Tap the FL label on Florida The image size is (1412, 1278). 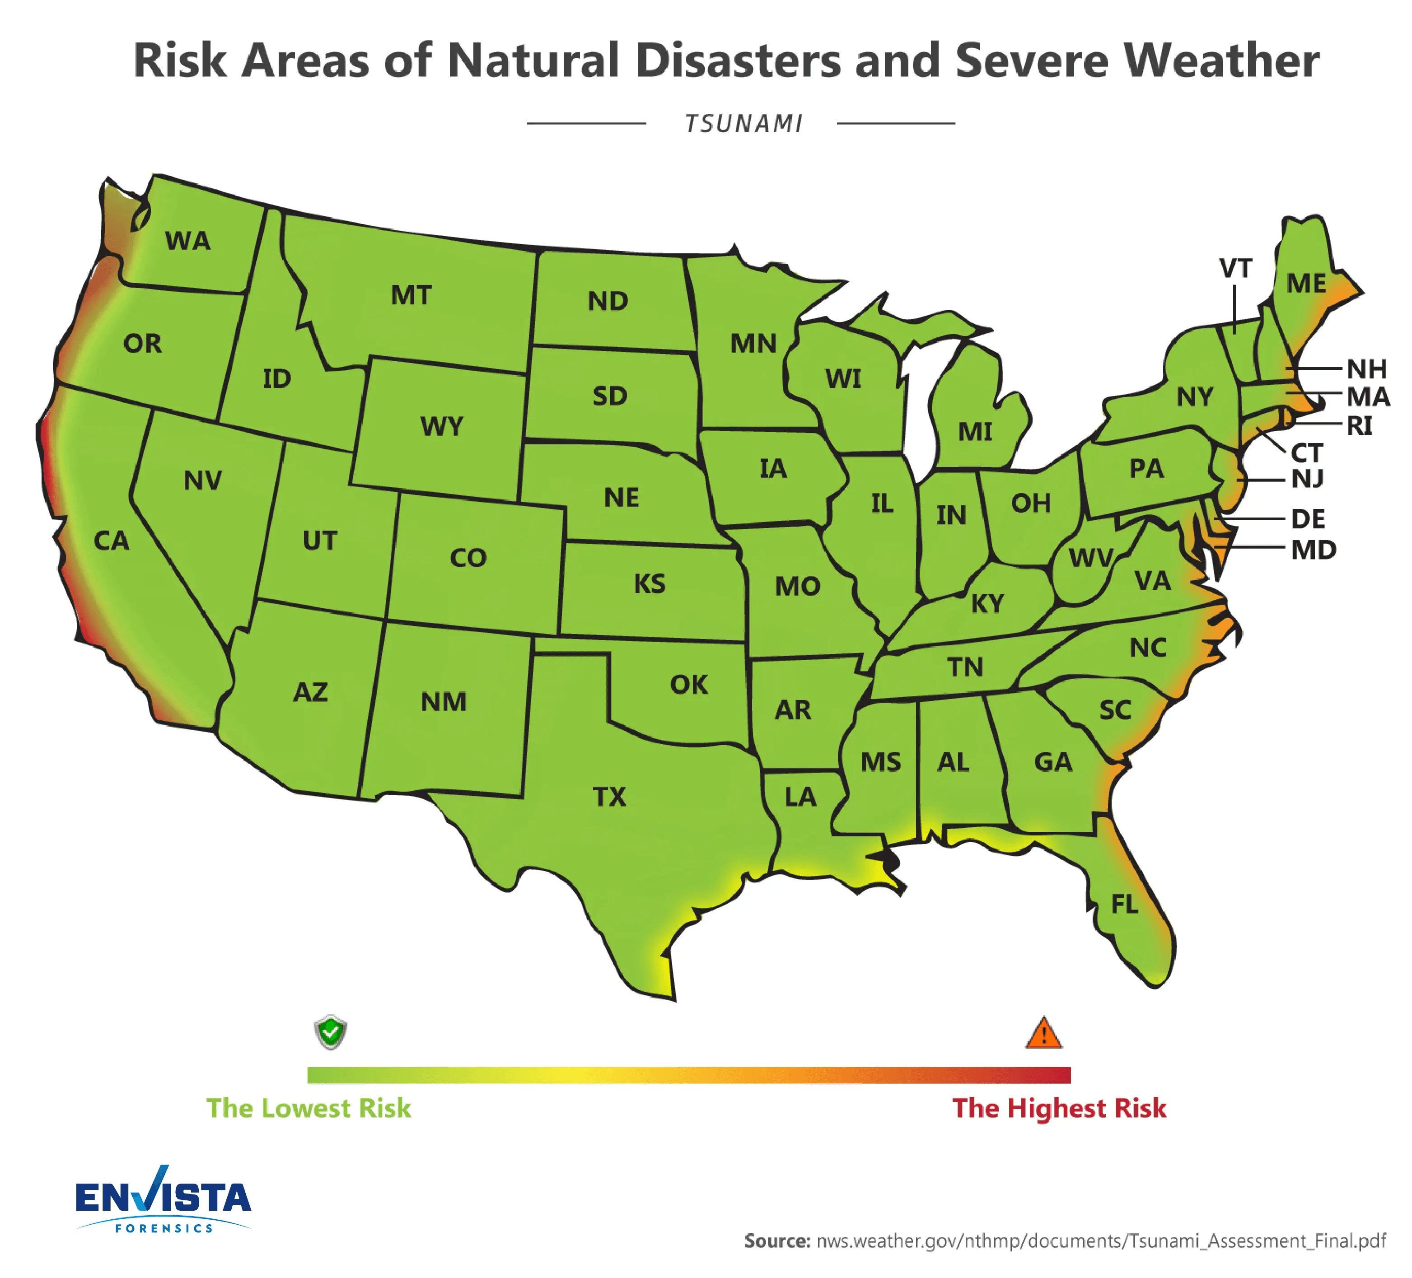1124,904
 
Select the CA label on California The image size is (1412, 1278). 112,541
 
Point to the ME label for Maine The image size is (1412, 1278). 1306,284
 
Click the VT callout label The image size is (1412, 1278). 1235,268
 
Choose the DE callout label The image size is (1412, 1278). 1308,519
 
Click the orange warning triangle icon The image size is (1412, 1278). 1043,1034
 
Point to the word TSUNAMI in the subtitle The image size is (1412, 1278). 743,124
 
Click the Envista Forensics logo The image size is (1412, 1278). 163,1200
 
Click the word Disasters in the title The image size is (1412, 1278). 738,61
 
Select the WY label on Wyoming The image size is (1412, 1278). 441,426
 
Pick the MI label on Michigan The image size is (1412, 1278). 974,432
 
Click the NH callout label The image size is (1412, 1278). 1366,368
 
